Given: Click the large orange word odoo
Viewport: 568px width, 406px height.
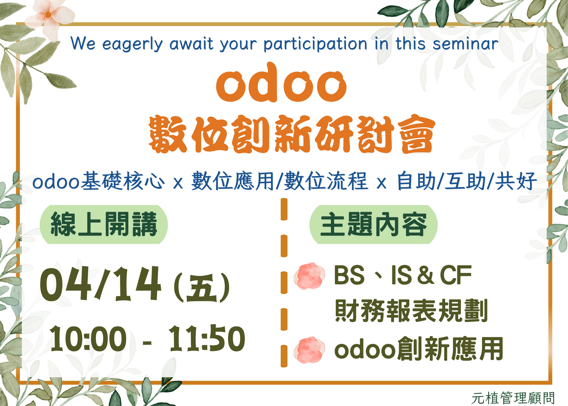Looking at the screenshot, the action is coord(281,82).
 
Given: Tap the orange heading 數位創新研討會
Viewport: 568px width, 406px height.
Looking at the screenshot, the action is coord(292,134).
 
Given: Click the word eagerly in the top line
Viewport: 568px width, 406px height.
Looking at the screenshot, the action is coord(132,44).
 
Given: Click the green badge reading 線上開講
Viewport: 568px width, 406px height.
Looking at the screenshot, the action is coord(104,224).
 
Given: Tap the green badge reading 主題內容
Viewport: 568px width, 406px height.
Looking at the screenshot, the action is coord(373,224).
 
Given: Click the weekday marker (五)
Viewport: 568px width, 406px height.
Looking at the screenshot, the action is coord(202,288).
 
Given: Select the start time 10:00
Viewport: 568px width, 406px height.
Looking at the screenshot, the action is coord(88,338).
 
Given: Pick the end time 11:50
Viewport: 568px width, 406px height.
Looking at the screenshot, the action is coord(207,338).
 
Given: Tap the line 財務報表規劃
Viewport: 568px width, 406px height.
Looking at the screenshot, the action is coord(411,310).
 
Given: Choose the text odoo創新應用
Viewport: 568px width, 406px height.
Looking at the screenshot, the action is coord(419,349).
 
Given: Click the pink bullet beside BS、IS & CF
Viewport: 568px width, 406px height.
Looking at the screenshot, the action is coord(309,276).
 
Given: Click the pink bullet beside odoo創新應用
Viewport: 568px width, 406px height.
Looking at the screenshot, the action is coord(309,350).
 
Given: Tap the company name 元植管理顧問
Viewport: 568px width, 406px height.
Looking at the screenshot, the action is coord(513,398).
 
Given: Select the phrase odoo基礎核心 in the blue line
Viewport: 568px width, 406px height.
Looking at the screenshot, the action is coord(98,181).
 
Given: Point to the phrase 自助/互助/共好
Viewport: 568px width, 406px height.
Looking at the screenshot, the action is coord(467,181).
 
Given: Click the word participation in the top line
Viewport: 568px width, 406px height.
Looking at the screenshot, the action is coord(315,44).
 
